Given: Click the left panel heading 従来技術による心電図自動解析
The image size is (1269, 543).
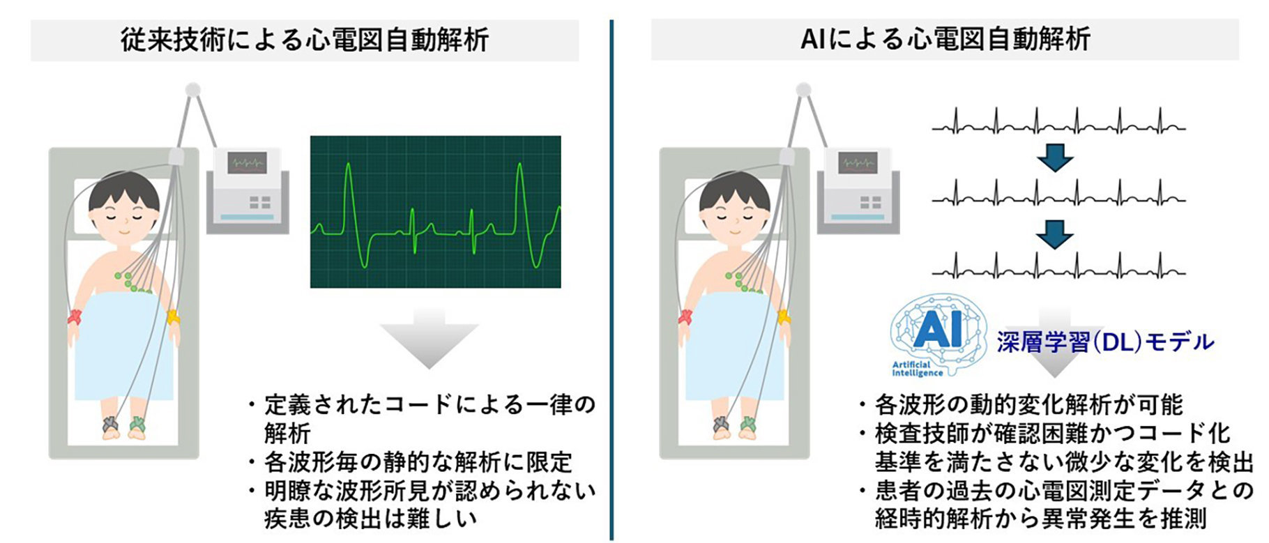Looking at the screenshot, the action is click(304, 40).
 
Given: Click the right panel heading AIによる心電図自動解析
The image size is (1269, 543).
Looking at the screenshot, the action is click(945, 39).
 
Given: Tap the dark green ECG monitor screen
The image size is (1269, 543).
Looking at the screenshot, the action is click(436, 211).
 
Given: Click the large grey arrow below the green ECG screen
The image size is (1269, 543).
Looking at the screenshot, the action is click(429, 339).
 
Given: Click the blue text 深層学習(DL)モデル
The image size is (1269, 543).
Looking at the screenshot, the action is click(1105, 342).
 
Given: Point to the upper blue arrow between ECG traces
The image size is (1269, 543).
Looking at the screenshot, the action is click(1055, 158).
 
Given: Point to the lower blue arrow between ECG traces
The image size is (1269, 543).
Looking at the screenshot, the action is click(1055, 235).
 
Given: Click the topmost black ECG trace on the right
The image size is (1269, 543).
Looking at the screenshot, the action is click(1058, 121).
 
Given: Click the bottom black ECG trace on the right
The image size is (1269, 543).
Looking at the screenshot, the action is click(1058, 266).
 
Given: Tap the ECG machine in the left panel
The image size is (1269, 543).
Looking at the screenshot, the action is click(248, 190).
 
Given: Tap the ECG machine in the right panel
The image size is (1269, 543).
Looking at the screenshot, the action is click(858, 190).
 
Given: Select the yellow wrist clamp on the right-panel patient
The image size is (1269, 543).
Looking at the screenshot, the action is click(784, 317).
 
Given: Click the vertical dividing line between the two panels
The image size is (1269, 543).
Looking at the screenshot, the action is click(611, 279).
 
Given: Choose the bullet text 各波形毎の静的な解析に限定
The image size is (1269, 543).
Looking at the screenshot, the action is click(418, 461).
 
